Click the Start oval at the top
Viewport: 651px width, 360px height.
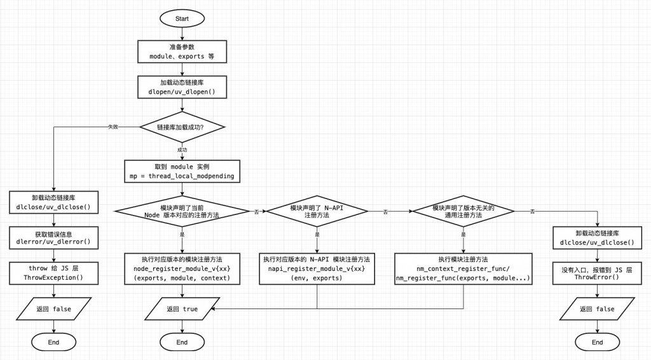(182, 18)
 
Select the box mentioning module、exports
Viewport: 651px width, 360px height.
(182, 52)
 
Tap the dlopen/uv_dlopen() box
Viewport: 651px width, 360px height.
(182, 87)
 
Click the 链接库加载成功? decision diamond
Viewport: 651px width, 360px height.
(182, 127)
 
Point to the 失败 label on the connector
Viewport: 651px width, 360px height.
(113, 127)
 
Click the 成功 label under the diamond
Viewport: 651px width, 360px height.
(182, 150)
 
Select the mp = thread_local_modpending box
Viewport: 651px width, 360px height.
(182, 170)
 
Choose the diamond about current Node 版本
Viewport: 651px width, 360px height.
(182, 211)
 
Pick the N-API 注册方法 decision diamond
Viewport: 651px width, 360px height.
(316, 211)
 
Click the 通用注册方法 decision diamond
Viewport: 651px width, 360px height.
(463, 211)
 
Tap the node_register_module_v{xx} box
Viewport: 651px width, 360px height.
(182, 269)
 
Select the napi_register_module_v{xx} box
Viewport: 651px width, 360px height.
(316, 269)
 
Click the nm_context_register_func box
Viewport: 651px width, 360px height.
(463, 269)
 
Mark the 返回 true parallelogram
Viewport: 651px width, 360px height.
(182, 309)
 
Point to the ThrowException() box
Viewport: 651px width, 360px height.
(53, 273)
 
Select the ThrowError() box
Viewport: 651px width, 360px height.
(597, 273)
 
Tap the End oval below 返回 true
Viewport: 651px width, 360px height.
(182, 342)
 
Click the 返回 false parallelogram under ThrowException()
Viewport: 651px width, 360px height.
(53, 309)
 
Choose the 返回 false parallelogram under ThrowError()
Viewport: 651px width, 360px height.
(597, 309)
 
